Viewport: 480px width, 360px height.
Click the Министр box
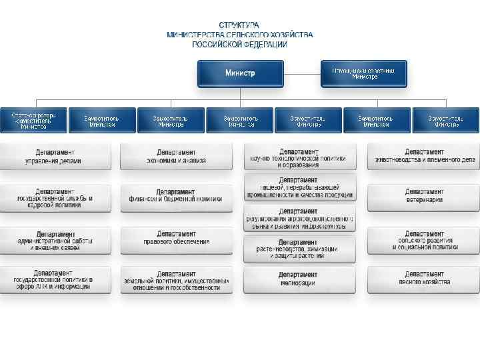point(240,73)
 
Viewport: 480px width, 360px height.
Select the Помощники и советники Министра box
point(364,73)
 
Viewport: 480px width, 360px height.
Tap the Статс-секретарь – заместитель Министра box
point(33,121)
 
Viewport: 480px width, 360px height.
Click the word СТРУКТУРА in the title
point(239,25)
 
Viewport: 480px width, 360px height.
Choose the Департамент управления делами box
point(55,156)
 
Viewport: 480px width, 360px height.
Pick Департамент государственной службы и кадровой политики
point(55,198)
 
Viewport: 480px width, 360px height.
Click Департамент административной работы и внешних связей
point(55,241)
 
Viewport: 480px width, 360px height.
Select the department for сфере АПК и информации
point(55,281)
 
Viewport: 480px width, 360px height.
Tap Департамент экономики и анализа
point(177,156)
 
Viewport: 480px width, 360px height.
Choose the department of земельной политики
point(177,281)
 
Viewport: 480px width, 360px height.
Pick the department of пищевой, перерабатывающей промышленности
point(299,187)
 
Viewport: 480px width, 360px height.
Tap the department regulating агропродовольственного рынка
point(299,219)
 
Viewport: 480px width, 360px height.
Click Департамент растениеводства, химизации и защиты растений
point(299,249)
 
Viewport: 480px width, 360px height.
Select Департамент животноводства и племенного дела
point(424,156)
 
